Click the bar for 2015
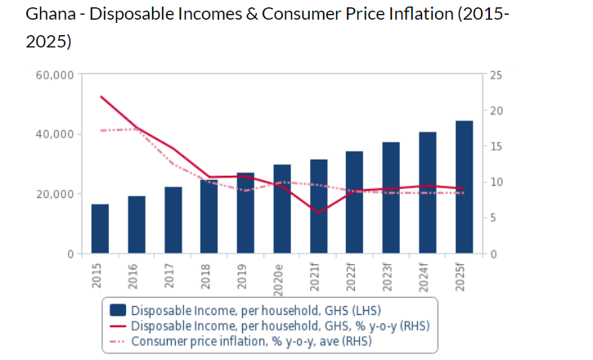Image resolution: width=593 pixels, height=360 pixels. [x=100, y=229]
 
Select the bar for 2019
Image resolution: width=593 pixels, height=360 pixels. [x=245, y=214]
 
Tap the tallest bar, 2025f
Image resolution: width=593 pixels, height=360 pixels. [x=465, y=187]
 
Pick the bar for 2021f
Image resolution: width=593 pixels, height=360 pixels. [x=319, y=207]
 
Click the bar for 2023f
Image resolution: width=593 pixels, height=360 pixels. [x=391, y=198]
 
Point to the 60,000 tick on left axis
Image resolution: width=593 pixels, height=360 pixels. [x=56, y=74]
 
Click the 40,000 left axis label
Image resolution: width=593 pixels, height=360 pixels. [x=56, y=134]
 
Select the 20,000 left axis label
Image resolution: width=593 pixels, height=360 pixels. [x=56, y=194]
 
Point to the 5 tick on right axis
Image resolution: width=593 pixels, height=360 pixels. [x=494, y=218]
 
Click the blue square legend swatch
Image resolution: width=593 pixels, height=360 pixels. [x=118, y=310]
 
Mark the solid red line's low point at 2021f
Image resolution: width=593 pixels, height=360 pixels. [x=319, y=213]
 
